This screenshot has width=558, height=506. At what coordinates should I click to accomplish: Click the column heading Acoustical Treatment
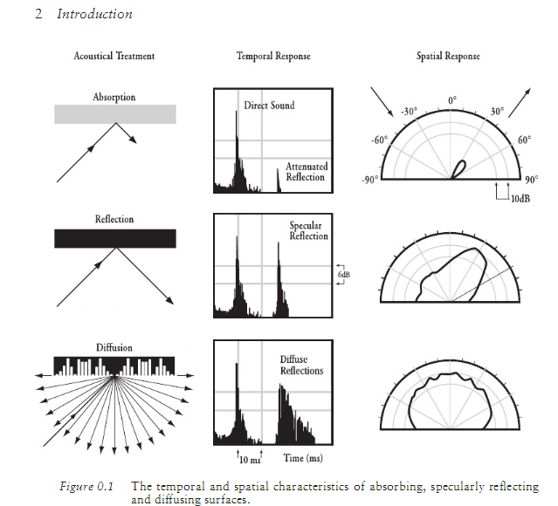[114, 57]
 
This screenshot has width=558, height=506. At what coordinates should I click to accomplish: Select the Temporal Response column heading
[273, 57]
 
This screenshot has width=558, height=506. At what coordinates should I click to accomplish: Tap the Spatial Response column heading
[448, 57]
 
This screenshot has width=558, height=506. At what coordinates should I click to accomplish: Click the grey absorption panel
[115, 113]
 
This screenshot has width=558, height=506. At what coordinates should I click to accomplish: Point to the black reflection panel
[115, 238]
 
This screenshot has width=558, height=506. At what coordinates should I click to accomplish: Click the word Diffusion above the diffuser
[113, 347]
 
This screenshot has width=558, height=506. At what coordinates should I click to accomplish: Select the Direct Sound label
[269, 106]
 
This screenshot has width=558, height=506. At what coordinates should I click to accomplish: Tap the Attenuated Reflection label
[305, 172]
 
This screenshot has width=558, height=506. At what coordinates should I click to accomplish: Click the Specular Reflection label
[308, 231]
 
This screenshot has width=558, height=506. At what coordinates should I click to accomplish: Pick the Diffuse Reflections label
[301, 365]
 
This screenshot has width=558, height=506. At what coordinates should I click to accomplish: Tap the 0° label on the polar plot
[451, 101]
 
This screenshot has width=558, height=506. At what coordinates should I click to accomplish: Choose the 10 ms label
[250, 458]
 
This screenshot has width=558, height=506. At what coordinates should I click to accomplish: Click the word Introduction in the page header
[94, 15]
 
